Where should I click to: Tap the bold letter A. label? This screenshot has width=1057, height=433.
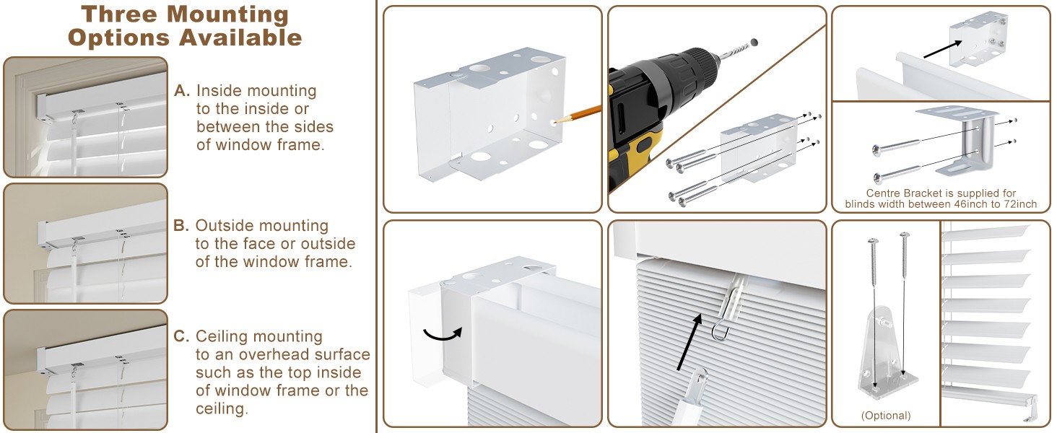click(182, 90)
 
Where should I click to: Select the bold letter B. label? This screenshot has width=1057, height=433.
click(181, 225)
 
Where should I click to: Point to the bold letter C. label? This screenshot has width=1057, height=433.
click(182, 336)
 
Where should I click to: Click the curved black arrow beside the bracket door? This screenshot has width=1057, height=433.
click(442, 334)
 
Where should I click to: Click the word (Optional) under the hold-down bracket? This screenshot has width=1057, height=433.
click(886, 416)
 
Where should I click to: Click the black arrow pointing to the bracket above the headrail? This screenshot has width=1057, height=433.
click(942, 49)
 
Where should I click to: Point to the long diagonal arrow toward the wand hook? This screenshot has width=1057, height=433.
click(690, 341)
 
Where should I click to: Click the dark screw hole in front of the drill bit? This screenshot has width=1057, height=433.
click(754, 42)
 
